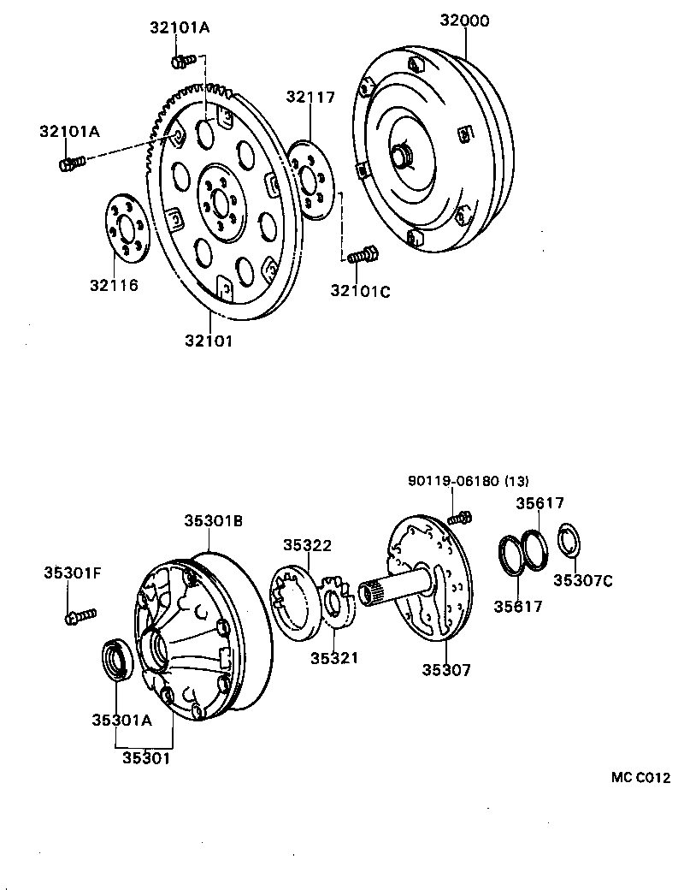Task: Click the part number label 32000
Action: [464, 21]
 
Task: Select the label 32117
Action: [310, 98]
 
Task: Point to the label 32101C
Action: [360, 291]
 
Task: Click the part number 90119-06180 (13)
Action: [468, 481]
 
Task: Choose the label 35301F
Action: [73, 573]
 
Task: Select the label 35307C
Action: [582, 580]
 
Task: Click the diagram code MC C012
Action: [640, 778]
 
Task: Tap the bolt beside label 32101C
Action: [363, 255]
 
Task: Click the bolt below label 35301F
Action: [79, 614]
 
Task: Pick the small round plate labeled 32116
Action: [127, 230]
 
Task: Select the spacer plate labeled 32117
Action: [311, 181]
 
